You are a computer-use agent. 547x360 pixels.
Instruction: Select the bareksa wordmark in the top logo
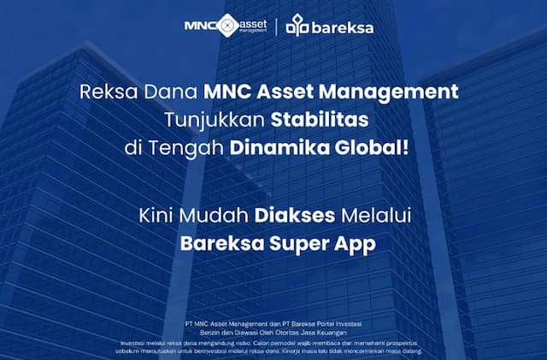pos(343,27)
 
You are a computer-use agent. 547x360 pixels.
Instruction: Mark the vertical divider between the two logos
pos(275,26)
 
